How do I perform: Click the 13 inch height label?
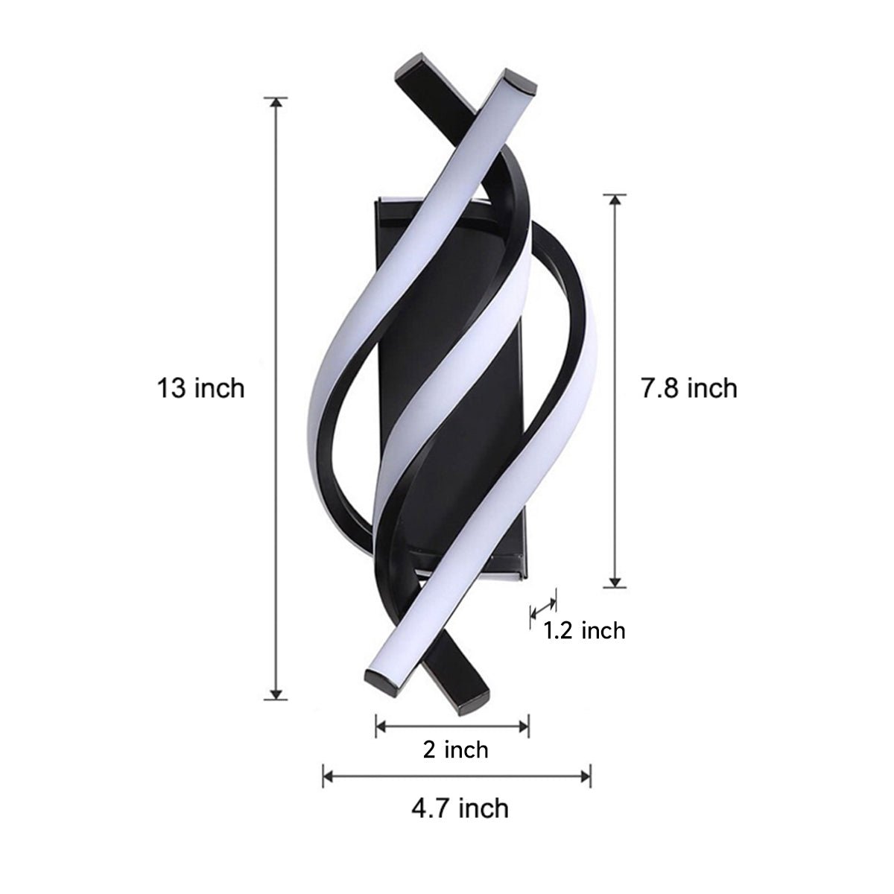tap(200, 388)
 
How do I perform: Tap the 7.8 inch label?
tap(688, 388)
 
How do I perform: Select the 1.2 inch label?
tap(583, 631)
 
